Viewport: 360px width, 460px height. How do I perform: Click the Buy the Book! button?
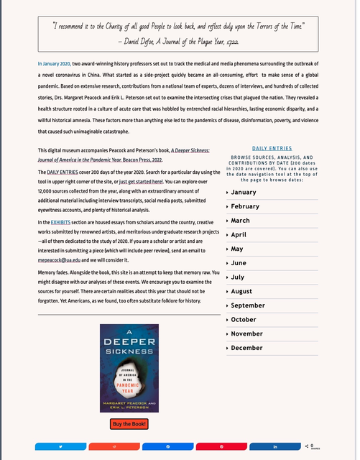(129, 424)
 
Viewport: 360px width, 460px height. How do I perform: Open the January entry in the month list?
(244, 192)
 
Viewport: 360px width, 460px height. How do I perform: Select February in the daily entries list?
(245, 206)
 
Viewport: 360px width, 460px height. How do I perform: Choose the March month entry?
(240, 221)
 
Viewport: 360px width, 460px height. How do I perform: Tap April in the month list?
(239, 234)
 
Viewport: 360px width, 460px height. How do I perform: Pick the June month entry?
(238, 263)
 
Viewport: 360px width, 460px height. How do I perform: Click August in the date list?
(241, 291)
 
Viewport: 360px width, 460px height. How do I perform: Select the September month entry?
(247, 305)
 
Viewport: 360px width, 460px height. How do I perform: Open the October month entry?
(244, 319)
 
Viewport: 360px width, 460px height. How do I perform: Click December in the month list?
(246, 348)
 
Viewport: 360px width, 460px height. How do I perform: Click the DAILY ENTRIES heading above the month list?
(272, 148)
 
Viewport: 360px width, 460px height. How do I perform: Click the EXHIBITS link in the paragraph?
(60, 224)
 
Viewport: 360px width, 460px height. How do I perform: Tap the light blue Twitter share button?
(60, 446)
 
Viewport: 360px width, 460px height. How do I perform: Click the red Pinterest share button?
(221, 446)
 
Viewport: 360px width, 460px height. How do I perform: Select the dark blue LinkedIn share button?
(275, 446)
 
